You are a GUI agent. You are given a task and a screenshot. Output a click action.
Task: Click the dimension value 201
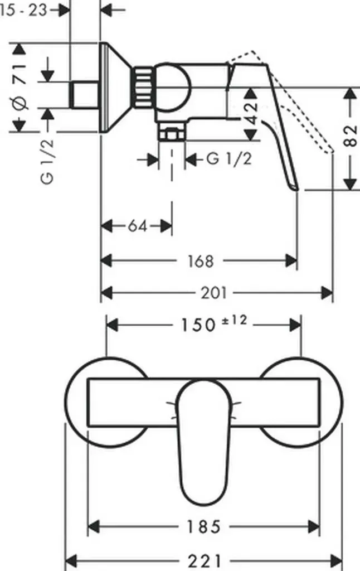(x=214, y=292)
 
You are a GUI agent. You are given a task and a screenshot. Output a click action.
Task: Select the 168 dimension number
(x=201, y=261)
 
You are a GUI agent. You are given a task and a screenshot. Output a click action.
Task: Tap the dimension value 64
(x=138, y=226)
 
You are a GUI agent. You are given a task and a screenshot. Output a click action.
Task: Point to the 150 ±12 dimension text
(x=214, y=323)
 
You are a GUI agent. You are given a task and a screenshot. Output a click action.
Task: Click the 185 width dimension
(x=204, y=526)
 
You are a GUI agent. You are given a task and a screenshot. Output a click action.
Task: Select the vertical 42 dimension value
(x=251, y=113)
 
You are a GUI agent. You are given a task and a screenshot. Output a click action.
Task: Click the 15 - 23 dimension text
(x=23, y=10)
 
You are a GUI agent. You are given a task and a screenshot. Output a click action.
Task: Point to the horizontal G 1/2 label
(x=229, y=159)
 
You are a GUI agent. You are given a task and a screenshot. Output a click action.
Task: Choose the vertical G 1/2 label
(x=47, y=161)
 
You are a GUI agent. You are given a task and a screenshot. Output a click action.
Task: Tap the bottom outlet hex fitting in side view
(x=172, y=132)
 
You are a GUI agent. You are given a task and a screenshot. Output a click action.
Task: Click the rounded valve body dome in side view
(x=172, y=88)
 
